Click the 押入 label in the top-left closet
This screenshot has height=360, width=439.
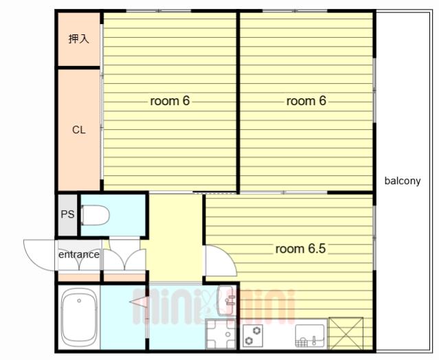[x=79, y=39]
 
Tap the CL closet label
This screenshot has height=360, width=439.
[x=79, y=130]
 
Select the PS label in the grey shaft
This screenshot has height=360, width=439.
[x=67, y=214]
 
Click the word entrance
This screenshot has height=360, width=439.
[x=79, y=254]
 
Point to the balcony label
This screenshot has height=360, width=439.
[x=403, y=181]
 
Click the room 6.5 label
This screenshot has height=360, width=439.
[x=300, y=249]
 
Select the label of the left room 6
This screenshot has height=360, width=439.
[x=170, y=101]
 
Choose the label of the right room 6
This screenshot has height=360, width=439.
[x=306, y=101]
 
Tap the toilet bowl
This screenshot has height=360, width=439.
[x=95, y=215]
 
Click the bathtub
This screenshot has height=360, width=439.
[x=79, y=317]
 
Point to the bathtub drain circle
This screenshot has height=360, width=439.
[x=79, y=301]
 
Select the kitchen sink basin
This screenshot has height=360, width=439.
[x=310, y=335]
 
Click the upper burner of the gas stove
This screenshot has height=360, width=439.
[x=256, y=330]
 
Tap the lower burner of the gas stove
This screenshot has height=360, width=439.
[x=249, y=341]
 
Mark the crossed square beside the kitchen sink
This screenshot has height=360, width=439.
[x=346, y=333]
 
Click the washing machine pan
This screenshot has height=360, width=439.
[x=221, y=334]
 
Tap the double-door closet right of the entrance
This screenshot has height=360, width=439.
[x=124, y=256]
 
